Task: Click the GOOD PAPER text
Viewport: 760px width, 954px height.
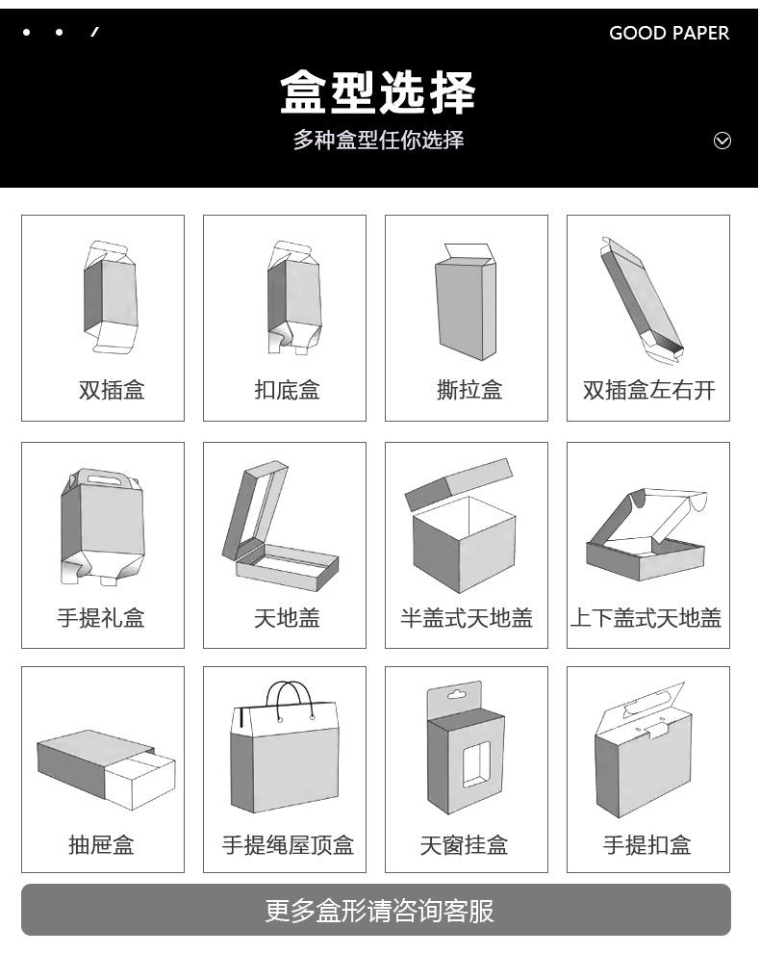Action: click(x=669, y=33)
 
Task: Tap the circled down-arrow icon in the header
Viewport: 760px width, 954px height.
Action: click(x=722, y=142)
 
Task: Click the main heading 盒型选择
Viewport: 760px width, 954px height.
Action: click(x=378, y=93)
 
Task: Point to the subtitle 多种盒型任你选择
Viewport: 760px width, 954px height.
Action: click(x=378, y=140)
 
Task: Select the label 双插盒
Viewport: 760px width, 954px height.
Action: click(x=112, y=390)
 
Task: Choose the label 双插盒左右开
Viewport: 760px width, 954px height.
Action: click(x=648, y=390)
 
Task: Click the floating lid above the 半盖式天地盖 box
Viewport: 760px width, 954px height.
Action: click(x=458, y=484)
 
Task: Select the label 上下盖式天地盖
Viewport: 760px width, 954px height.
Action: click(x=646, y=618)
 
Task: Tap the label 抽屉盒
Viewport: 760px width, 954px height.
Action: click(x=102, y=845)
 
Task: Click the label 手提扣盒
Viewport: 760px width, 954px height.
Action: click(x=646, y=845)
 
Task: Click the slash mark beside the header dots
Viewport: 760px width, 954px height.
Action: click(x=94, y=33)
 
